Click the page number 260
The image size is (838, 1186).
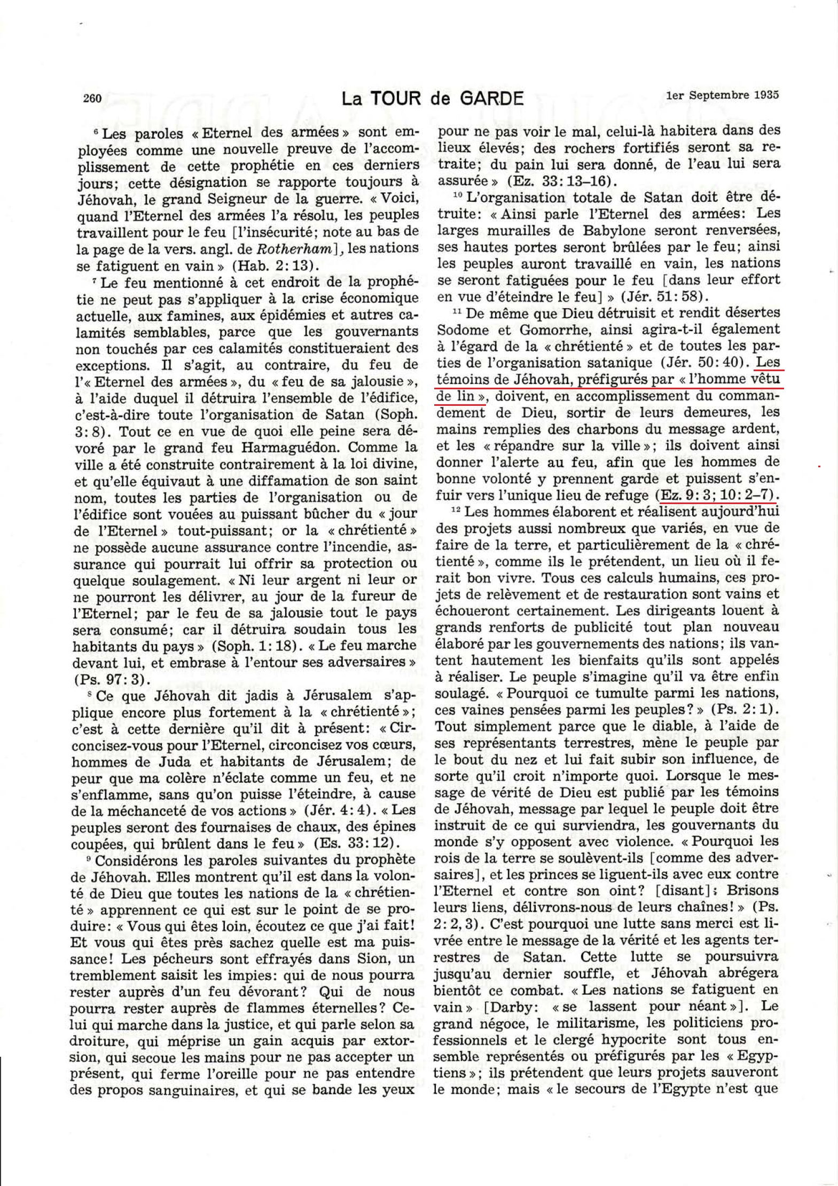point(92,98)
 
